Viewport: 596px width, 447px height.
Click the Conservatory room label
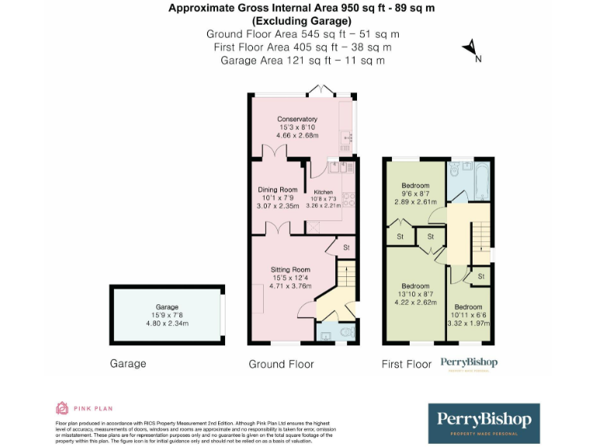click(298, 119)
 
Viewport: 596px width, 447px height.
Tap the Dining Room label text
click(277, 189)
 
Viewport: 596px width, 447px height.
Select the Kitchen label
click(323, 192)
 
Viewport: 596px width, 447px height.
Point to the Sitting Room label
click(289, 269)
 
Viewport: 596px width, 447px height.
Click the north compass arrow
click(471, 50)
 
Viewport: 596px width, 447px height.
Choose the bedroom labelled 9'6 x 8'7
click(415, 185)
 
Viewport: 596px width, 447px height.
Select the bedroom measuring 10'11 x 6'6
click(468, 307)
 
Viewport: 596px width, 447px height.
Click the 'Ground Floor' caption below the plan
click(281, 364)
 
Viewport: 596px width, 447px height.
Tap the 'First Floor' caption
click(406, 364)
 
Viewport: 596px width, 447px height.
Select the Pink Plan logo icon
click(62, 407)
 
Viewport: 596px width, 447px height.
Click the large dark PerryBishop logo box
click(483, 422)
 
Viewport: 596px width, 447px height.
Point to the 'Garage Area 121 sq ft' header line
click(303, 60)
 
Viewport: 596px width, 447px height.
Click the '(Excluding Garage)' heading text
click(303, 21)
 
